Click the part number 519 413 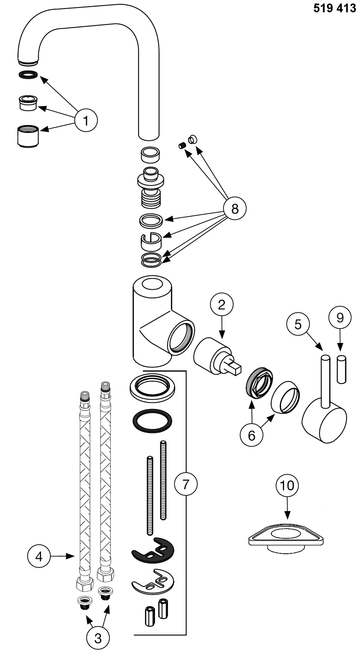(334, 8)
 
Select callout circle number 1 (86, 120)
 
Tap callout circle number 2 (221, 305)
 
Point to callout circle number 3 (98, 638)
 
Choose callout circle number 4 (39, 556)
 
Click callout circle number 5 (298, 324)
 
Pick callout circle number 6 (251, 435)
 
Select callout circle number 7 (186, 484)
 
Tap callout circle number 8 (234, 209)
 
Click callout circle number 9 (340, 318)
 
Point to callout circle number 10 (287, 485)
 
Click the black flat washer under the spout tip (28, 75)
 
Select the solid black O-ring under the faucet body (153, 421)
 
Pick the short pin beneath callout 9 (341, 369)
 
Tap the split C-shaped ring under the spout (151, 241)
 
